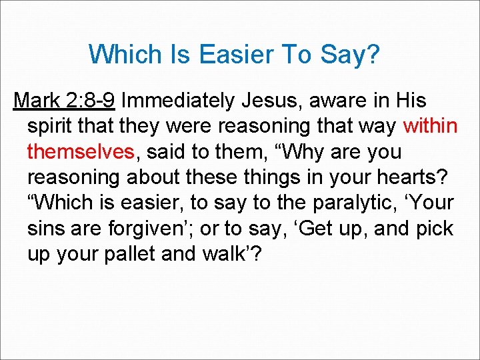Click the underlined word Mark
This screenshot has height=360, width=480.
[x=37, y=101]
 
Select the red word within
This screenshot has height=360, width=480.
[x=431, y=126]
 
